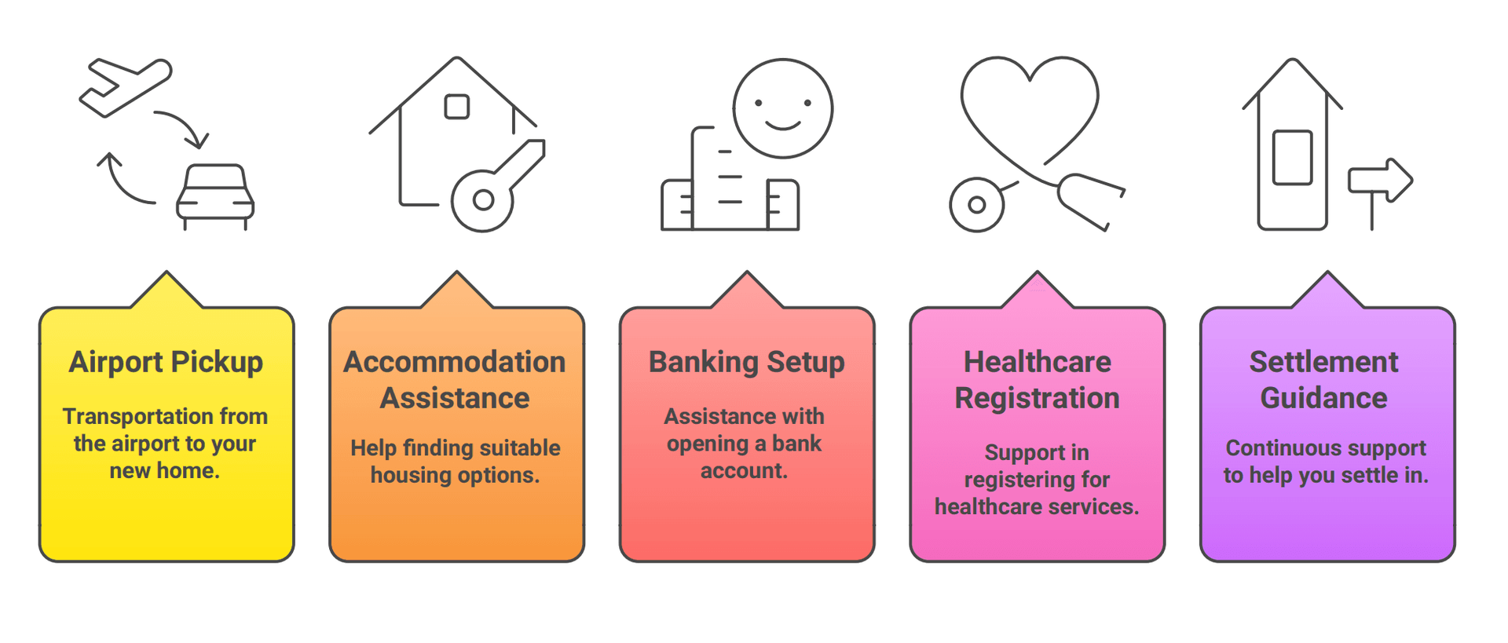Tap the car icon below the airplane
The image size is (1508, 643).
214,196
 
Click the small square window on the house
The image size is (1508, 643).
456,107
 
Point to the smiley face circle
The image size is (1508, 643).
782,108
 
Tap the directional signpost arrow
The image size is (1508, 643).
1380,181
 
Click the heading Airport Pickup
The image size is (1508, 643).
166,362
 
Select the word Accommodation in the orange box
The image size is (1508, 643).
455,362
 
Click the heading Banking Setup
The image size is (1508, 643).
746,362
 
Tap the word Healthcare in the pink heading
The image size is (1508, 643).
1037,362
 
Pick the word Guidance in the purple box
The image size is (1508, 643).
1323,398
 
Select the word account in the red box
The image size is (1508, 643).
743,471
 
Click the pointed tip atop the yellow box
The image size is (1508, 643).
167,276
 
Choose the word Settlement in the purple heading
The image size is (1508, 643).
1323,362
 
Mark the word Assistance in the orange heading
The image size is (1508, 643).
455,398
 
